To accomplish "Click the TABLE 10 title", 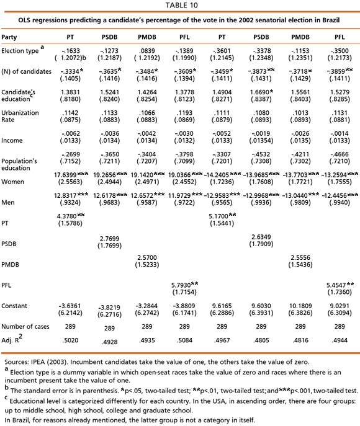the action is [x=182, y=5].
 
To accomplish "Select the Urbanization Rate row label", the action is [x=20, y=117].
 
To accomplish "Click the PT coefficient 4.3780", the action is [x=66, y=216].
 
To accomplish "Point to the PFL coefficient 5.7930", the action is [x=181, y=285].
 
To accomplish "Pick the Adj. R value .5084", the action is [x=184, y=340].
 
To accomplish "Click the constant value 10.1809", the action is [x=300, y=306].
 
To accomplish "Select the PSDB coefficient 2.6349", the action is [x=261, y=237].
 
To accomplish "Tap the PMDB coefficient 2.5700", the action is [x=147, y=257].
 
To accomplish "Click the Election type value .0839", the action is [x=147, y=51].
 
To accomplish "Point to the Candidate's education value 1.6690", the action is [x=259, y=92].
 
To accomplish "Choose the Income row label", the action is [x=12, y=141].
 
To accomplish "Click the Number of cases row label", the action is [x=25, y=327].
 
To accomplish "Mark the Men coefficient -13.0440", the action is [x=297, y=195].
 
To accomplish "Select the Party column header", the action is [x=9, y=37].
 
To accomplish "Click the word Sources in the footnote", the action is [x=16, y=362].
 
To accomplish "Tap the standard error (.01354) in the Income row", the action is [x=261, y=141].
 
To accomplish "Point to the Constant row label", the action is [x=14, y=306].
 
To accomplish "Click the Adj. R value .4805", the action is [x=261, y=340].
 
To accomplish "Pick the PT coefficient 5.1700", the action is [x=218, y=216].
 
